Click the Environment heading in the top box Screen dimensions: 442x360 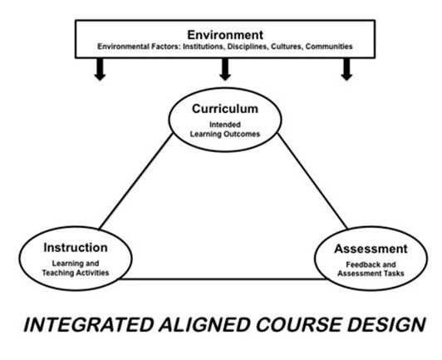tap(225, 35)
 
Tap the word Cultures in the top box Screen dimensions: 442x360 tap(287, 47)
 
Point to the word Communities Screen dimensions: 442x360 tap(329, 47)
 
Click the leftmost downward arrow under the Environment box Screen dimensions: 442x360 tap(100, 69)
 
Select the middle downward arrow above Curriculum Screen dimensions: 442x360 tap(225, 69)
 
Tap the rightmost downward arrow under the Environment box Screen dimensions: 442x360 tap(346, 69)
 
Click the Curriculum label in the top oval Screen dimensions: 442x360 tap(225, 109)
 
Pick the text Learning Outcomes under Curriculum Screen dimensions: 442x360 tap(225, 134)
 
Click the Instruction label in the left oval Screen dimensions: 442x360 tap(76, 248)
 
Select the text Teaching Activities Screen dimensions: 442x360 tap(76, 273)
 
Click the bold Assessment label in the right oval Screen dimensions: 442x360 tap(371, 249)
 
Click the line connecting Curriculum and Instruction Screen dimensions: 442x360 tap(136, 181)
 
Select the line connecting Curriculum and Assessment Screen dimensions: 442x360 tap(312, 181)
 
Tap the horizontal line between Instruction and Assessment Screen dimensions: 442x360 tap(223, 279)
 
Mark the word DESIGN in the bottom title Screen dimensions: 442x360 tap(386, 325)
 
